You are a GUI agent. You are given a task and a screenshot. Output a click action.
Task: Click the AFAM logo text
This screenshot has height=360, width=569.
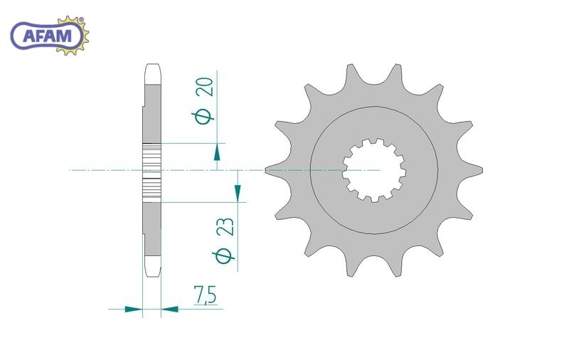(x=48, y=36)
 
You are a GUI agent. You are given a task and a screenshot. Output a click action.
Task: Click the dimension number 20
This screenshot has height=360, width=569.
(x=205, y=87)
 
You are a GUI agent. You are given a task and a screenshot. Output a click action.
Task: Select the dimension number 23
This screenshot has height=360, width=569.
(x=225, y=228)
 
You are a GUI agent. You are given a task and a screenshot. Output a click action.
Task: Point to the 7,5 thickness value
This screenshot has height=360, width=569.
(x=205, y=295)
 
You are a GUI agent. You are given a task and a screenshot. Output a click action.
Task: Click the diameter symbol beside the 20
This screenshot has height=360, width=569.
(x=203, y=117)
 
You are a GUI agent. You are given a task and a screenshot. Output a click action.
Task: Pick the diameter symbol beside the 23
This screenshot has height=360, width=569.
(x=223, y=256)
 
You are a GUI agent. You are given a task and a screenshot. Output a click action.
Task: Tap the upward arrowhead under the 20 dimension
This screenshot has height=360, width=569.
(x=217, y=152)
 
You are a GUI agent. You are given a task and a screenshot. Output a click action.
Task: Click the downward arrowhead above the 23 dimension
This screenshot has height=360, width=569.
(x=238, y=193)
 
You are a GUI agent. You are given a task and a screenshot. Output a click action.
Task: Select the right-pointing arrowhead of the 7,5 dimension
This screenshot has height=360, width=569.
(x=133, y=309)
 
